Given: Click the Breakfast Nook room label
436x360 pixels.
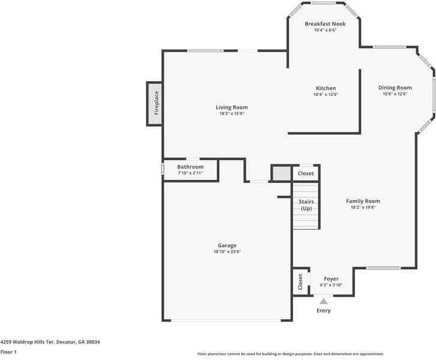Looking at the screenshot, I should point(325,23).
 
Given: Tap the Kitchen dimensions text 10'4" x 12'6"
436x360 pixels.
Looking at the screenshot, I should point(325,94).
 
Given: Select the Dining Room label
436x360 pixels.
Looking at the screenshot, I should point(395,88).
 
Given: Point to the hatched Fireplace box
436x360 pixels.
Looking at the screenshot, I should point(155,103).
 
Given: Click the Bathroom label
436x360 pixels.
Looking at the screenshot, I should point(190,166).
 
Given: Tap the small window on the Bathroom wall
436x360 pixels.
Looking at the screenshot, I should point(162,169).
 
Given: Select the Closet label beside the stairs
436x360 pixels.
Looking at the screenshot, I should point(306,173).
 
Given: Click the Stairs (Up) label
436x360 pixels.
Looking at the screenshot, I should point(306,205).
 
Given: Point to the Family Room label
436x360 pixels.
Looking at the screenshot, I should point(363,201).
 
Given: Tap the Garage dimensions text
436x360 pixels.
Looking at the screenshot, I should point(227,251).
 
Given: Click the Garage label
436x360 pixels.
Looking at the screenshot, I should point(227,245).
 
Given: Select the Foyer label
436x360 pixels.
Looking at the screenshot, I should point(331,278).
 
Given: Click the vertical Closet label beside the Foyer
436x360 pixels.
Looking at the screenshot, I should point(300,281).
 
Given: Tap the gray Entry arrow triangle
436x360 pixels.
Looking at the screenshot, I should point(324,301).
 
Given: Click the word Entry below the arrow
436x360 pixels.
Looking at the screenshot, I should point(323,311).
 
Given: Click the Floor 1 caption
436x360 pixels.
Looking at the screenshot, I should point(8,352).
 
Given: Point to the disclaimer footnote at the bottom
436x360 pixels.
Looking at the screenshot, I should point(290,354).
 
